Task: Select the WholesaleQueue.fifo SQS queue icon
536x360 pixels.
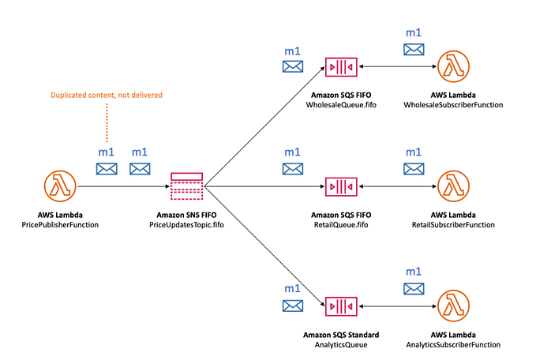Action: [341, 68]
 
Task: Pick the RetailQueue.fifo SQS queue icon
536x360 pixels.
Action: [341, 187]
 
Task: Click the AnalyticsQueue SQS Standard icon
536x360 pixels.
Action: [341, 306]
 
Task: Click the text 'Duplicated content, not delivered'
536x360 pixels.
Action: [107, 96]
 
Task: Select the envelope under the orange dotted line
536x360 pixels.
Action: [107, 168]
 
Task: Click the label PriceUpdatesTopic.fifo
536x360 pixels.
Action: [187, 225]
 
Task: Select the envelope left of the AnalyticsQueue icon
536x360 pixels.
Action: [292, 305]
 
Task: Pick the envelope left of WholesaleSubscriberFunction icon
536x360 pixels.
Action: [413, 49]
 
